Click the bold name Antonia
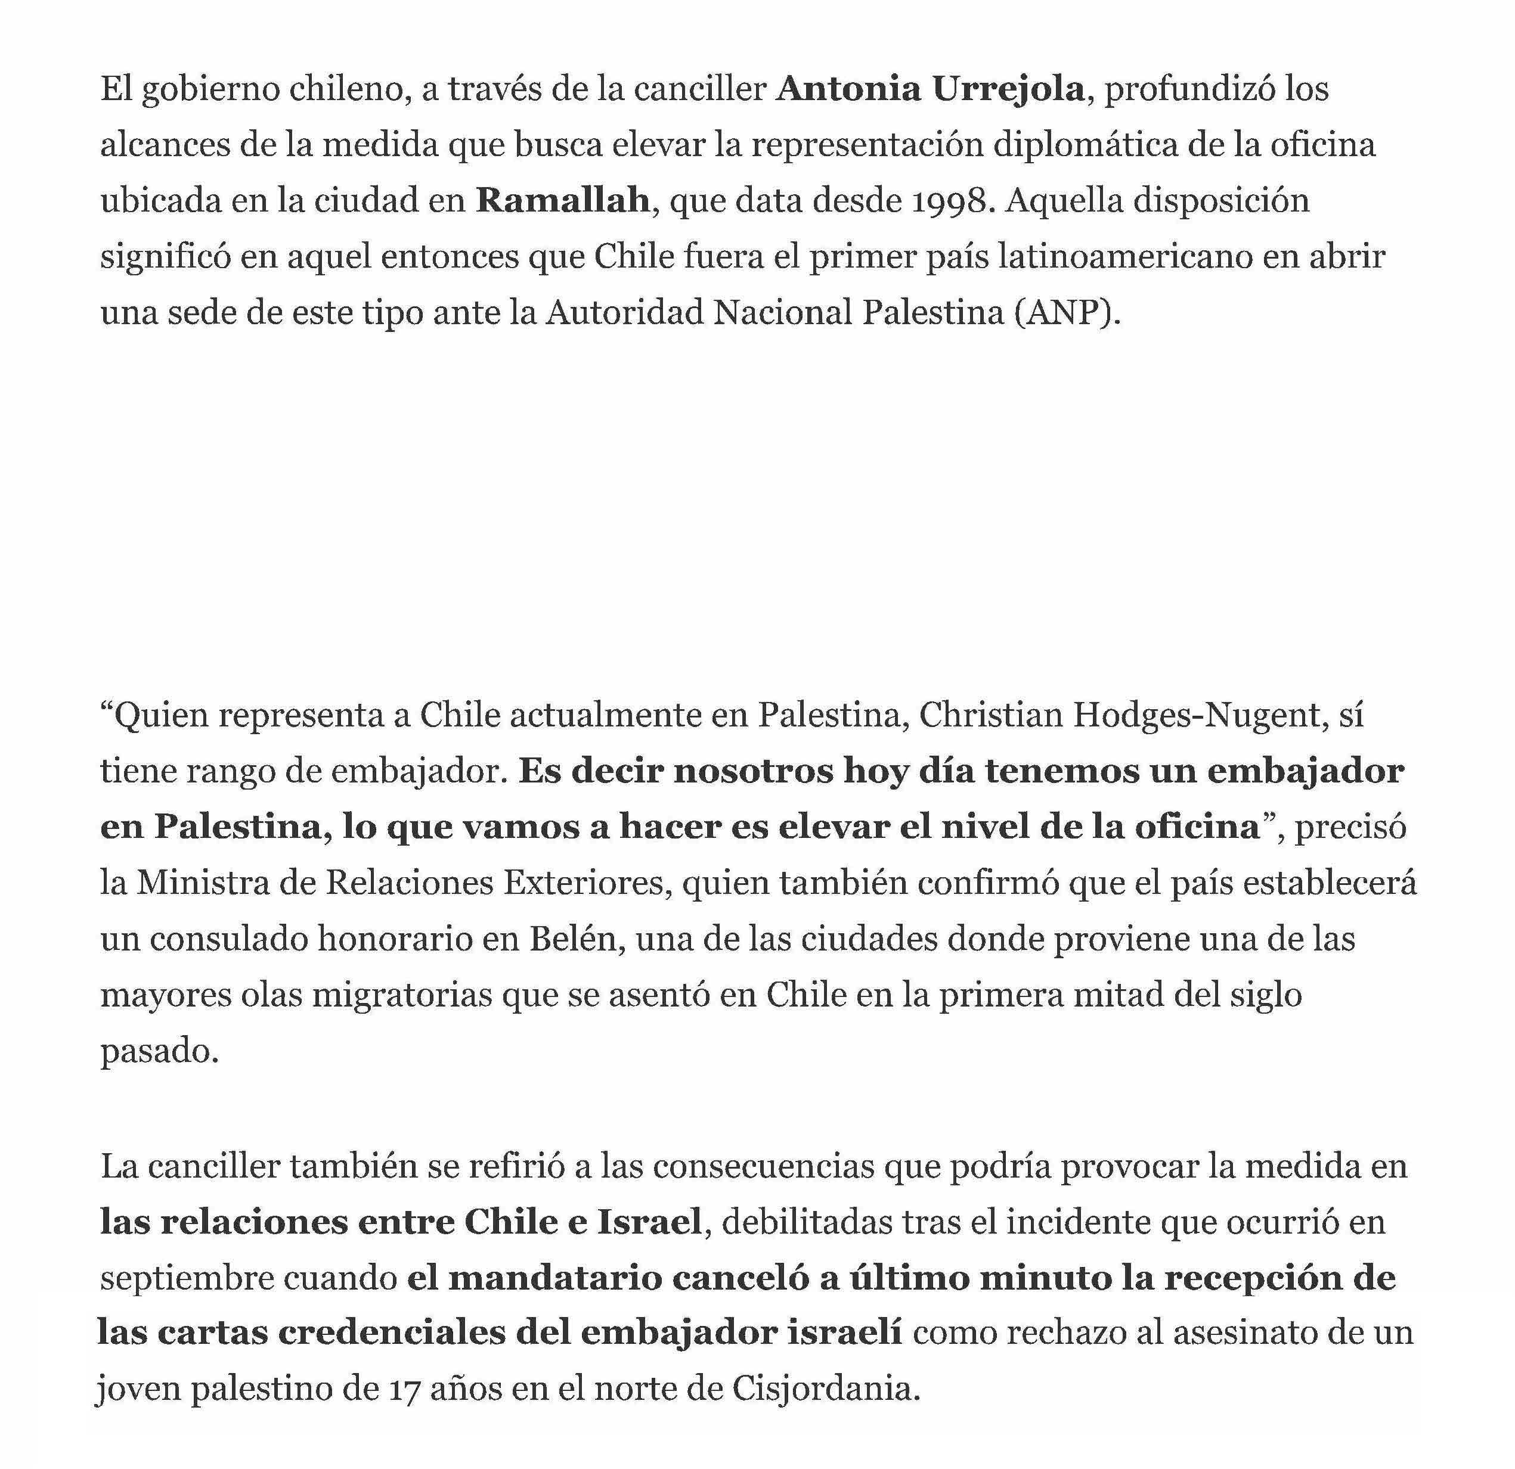pyautogui.click(x=848, y=89)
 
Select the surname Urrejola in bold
pyautogui.click(x=1008, y=89)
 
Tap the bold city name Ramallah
pyautogui.click(x=562, y=201)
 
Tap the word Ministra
pyautogui.click(x=203, y=883)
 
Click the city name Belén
pyautogui.click(x=576, y=939)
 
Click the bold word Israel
pyautogui.click(x=649, y=1222)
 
